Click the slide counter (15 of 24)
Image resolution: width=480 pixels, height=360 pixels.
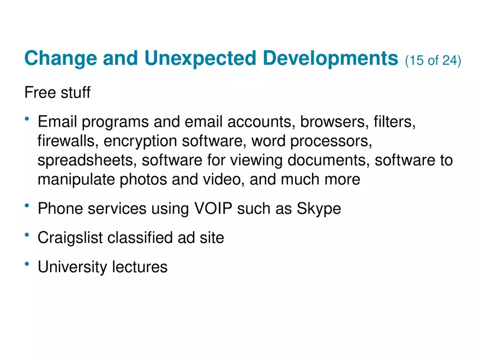pos(433,60)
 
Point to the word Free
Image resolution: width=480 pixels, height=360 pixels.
pos(39,93)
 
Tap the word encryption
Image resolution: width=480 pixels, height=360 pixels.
pos(141,141)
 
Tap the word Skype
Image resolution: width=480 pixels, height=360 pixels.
pos(319,209)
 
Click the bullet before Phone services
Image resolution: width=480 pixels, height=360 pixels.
pos(27,206)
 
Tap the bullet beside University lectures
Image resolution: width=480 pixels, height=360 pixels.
pos(27,265)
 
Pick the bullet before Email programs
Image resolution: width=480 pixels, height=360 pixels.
pos(27,119)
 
